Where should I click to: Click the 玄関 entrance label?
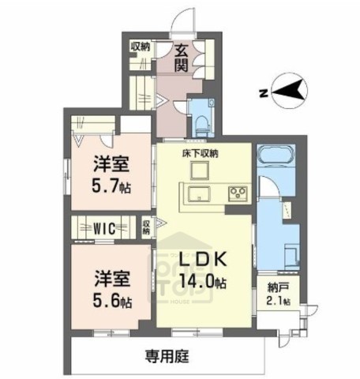click(181, 58)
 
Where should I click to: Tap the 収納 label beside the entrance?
click(141, 47)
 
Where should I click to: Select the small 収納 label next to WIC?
click(147, 227)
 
